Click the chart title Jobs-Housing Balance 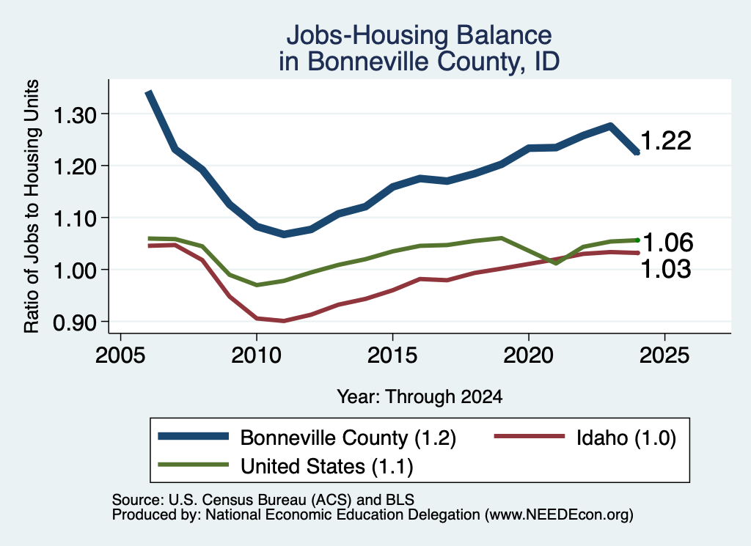point(419,35)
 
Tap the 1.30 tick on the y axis point(75,115)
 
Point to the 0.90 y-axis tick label point(75,323)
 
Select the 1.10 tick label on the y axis point(75,219)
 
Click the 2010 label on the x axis point(256,355)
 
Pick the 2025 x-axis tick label point(664,355)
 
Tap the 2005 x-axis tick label point(121,355)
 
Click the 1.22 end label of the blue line point(666,141)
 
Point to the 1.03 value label point(666,269)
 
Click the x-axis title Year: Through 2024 point(420,396)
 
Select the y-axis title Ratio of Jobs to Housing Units point(32,206)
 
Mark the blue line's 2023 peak point(610,126)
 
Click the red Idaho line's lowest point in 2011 point(284,320)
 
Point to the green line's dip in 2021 point(556,263)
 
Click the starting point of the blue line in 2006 point(148,92)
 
